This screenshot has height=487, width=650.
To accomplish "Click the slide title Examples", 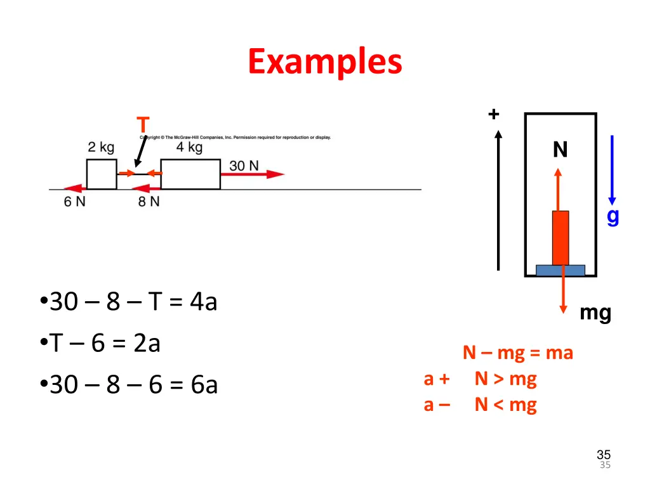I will [x=325, y=62].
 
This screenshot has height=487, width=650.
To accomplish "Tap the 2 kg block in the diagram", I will [x=102, y=174].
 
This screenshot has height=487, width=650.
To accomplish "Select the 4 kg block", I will [x=190, y=174].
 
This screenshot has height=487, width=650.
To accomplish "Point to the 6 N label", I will [x=75, y=202].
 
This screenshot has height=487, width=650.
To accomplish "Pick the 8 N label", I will [x=149, y=202].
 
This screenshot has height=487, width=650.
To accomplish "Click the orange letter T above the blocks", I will [x=143, y=125].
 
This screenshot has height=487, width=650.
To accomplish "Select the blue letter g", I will [x=613, y=216].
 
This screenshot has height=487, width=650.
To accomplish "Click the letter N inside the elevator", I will [x=560, y=150].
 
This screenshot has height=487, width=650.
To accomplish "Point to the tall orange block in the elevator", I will [x=560, y=238].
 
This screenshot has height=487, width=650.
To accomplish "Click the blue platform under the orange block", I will [x=560, y=270].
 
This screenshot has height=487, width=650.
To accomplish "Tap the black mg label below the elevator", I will [x=595, y=313].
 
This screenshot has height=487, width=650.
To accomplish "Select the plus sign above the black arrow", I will [x=494, y=114].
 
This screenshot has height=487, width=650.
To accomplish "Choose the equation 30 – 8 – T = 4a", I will [x=133, y=302].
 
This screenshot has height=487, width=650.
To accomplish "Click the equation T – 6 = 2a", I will [x=105, y=343].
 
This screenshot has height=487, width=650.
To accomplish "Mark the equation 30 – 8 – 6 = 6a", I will [x=133, y=384].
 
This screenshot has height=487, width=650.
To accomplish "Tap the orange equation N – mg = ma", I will [x=517, y=353].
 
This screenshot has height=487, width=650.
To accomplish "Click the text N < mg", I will [x=505, y=405].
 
